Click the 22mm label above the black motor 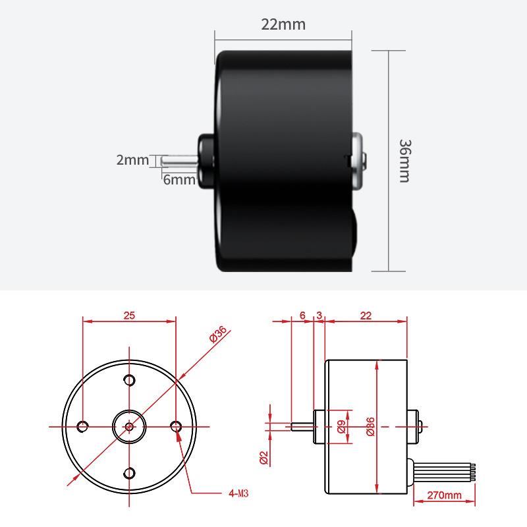tap(283, 24)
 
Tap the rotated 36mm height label tap(405, 161)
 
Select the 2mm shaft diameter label tap(132, 159)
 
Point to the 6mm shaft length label tap(179, 180)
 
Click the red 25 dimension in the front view tap(129, 316)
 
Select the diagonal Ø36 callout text tap(218, 334)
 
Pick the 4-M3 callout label tap(238, 493)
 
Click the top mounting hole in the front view tap(129, 380)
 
